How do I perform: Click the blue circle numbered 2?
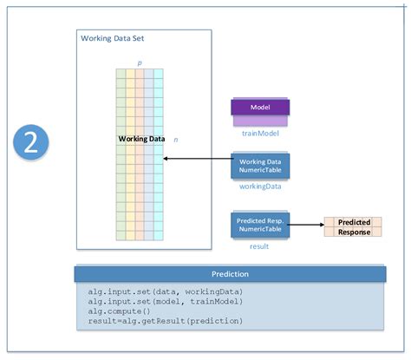30,143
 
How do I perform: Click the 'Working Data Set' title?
114,38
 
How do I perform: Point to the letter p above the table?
139,62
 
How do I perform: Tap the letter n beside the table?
176,139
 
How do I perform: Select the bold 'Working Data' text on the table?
141,139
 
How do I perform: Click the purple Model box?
259,108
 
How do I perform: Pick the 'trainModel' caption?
259,134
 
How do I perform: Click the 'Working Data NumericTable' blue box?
259,166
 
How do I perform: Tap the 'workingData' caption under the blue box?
259,186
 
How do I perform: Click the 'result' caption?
259,246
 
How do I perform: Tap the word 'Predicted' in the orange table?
354,222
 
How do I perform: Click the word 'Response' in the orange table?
354,232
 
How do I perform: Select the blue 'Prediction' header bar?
230,273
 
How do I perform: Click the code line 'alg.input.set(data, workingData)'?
165,291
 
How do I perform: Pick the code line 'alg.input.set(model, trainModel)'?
165,301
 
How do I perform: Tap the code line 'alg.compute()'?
119,311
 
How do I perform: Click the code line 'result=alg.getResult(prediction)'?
165,322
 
